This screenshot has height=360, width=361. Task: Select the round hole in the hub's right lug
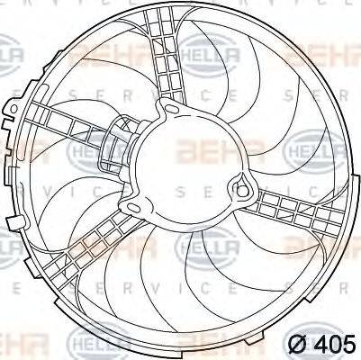239,187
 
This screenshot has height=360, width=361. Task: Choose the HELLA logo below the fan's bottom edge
91,340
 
